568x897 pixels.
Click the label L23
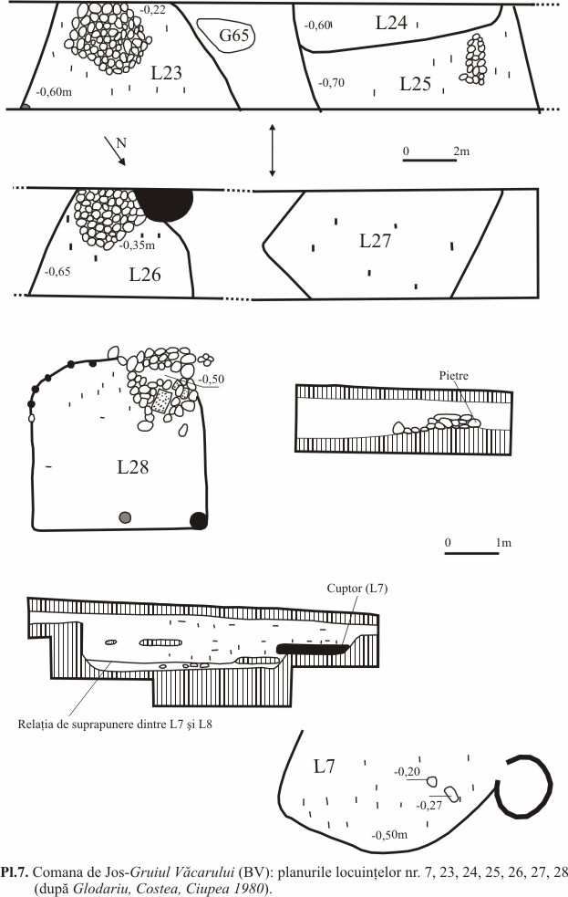pyautogui.click(x=165, y=74)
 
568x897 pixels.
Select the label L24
pyautogui.click(x=392, y=24)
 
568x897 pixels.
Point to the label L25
pyautogui.click(x=415, y=83)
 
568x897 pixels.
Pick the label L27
pyautogui.click(x=375, y=241)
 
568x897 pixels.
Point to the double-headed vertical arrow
pyautogui.click(x=272, y=151)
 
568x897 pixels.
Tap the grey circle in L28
pyautogui.click(x=125, y=518)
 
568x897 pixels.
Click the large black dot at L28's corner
pyautogui.click(x=198, y=520)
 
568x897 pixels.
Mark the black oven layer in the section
pyautogui.click(x=313, y=649)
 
